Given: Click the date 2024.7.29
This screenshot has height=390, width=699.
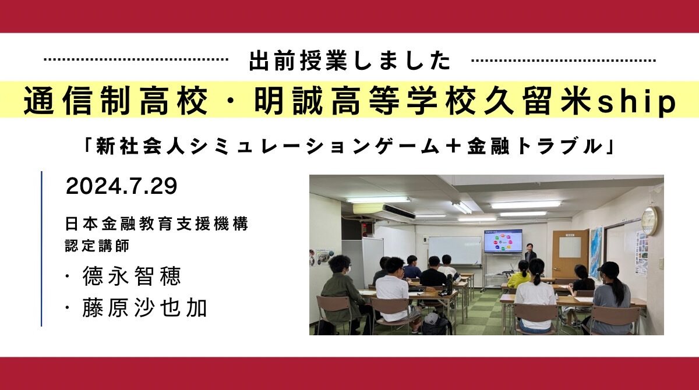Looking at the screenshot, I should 121,187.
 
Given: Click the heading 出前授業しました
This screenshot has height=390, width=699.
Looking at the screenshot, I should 349,61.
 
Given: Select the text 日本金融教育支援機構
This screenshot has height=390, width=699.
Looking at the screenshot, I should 157,225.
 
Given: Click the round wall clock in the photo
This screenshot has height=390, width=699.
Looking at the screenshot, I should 648,221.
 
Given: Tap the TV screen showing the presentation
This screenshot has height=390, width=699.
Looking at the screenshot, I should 503,240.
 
